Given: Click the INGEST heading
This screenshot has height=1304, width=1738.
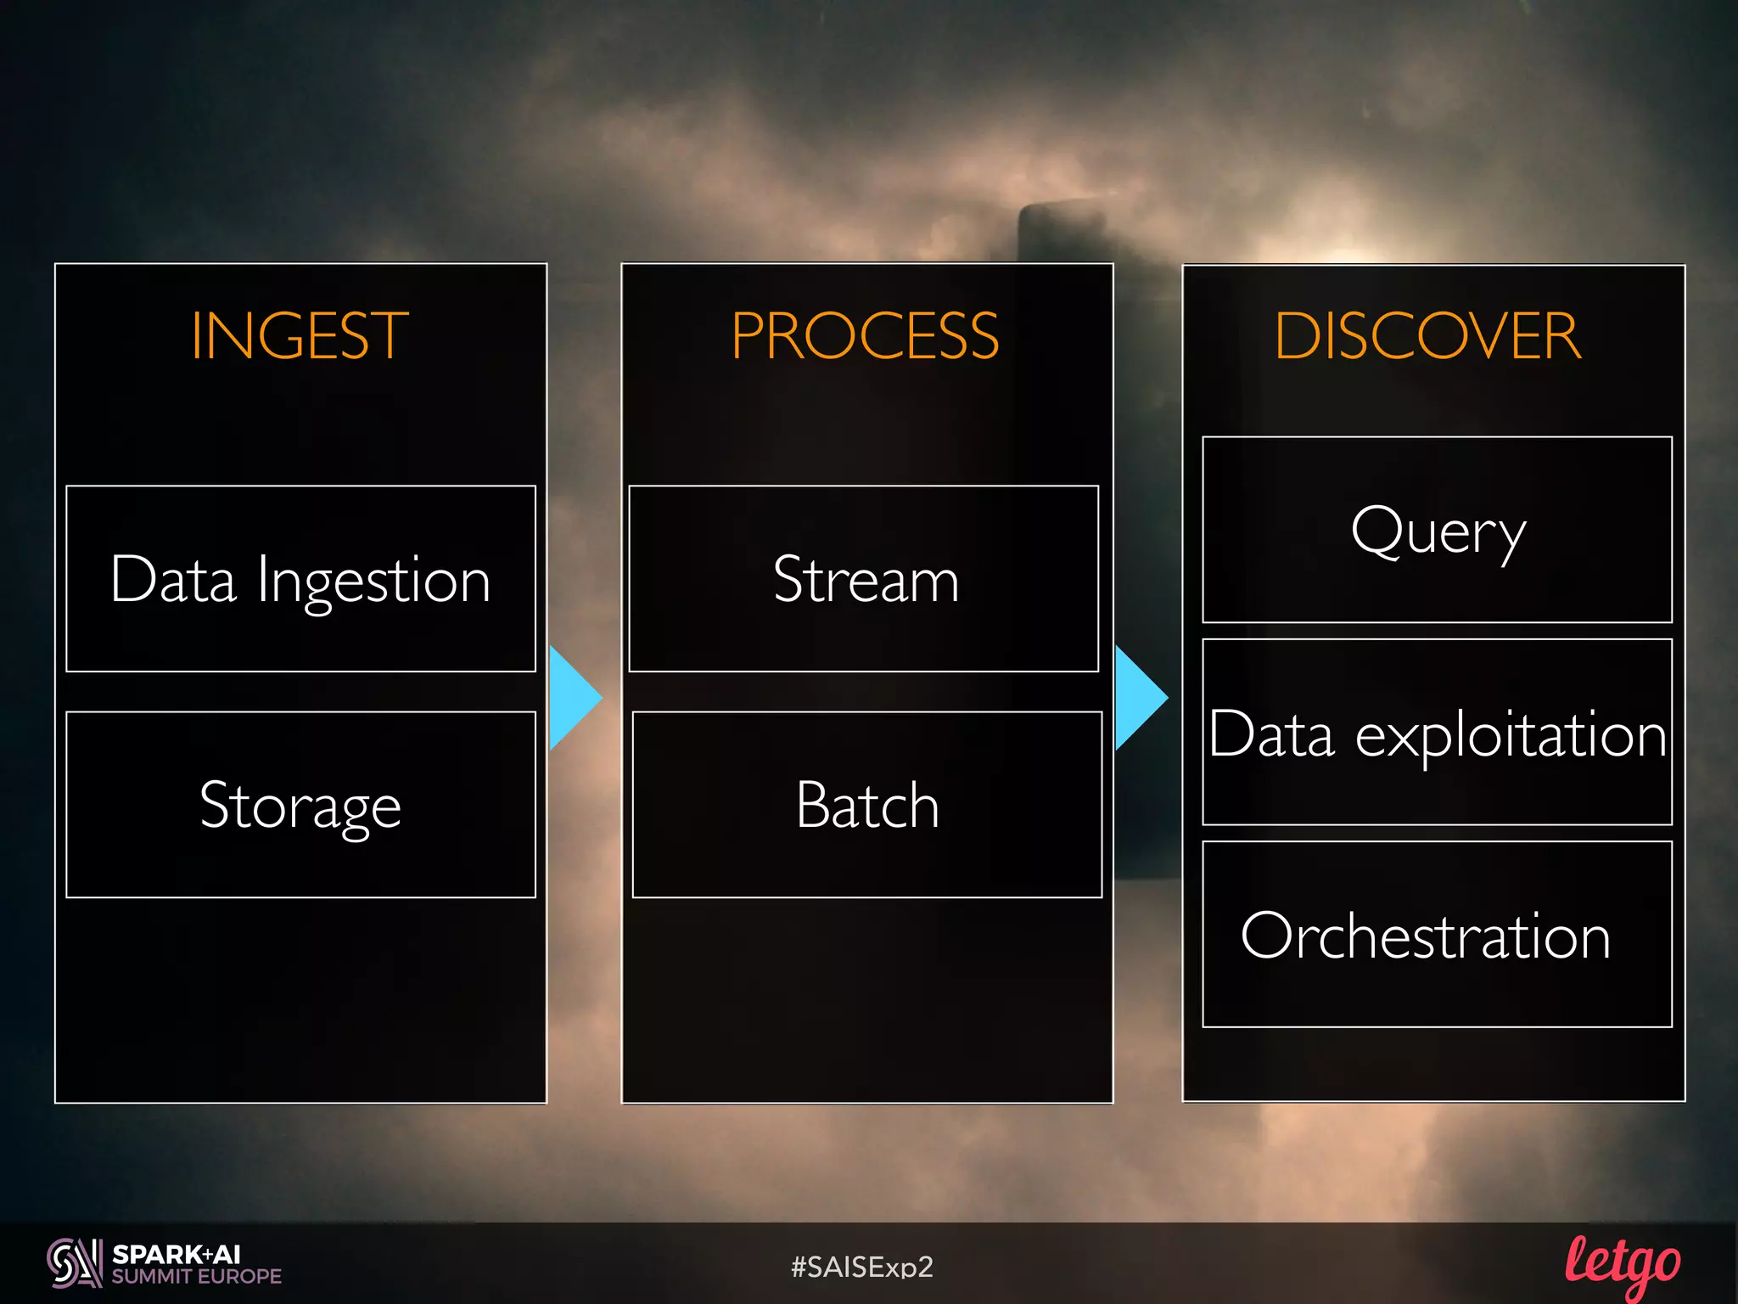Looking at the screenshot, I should (x=299, y=336).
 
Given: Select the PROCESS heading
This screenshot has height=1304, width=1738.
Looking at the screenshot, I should (x=865, y=336).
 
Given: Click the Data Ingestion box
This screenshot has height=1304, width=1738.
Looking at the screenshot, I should (x=300, y=579).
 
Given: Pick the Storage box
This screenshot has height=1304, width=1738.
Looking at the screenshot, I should (x=300, y=805).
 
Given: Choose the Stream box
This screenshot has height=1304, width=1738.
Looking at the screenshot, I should (x=864, y=579).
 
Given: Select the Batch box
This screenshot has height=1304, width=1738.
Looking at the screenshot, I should (x=866, y=805).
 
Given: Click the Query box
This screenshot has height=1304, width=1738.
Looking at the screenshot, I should (x=1437, y=530).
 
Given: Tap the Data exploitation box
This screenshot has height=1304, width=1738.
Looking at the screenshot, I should (x=1437, y=732).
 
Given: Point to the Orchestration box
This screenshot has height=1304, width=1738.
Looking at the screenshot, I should (x=1437, y=934).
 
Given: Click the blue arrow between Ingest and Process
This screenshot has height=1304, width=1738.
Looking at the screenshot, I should (x=573, y=698).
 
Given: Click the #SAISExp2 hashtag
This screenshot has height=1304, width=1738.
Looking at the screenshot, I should (x=861, y=1267).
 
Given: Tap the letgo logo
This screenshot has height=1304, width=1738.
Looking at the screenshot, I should (x=1622, y=1265).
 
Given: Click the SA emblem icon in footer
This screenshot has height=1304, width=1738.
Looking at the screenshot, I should (x=74, y=1263).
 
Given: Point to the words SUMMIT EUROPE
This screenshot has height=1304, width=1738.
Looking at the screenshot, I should (x=196, y=1277).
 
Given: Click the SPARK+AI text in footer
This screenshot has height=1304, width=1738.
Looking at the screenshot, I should (x=177, y=1254).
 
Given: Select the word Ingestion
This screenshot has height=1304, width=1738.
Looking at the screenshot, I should (x=373, y=582).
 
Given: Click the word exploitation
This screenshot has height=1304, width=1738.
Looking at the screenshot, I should (x=1511, y=735).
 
